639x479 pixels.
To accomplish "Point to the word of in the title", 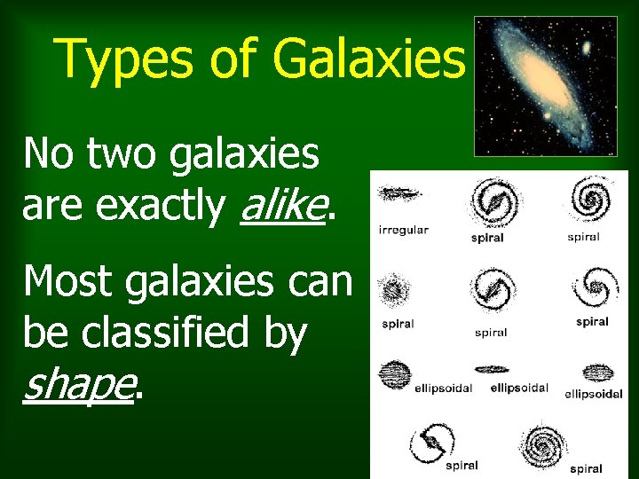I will pyautogui.click(x=233, y=59).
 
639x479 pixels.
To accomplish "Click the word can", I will pyautogui.click(x=326, y=282).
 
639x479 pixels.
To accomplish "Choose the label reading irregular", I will pyautogui.click(x=404, y=230).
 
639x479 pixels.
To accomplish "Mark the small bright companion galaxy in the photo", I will pyautogui.click(x=586, y=46).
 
